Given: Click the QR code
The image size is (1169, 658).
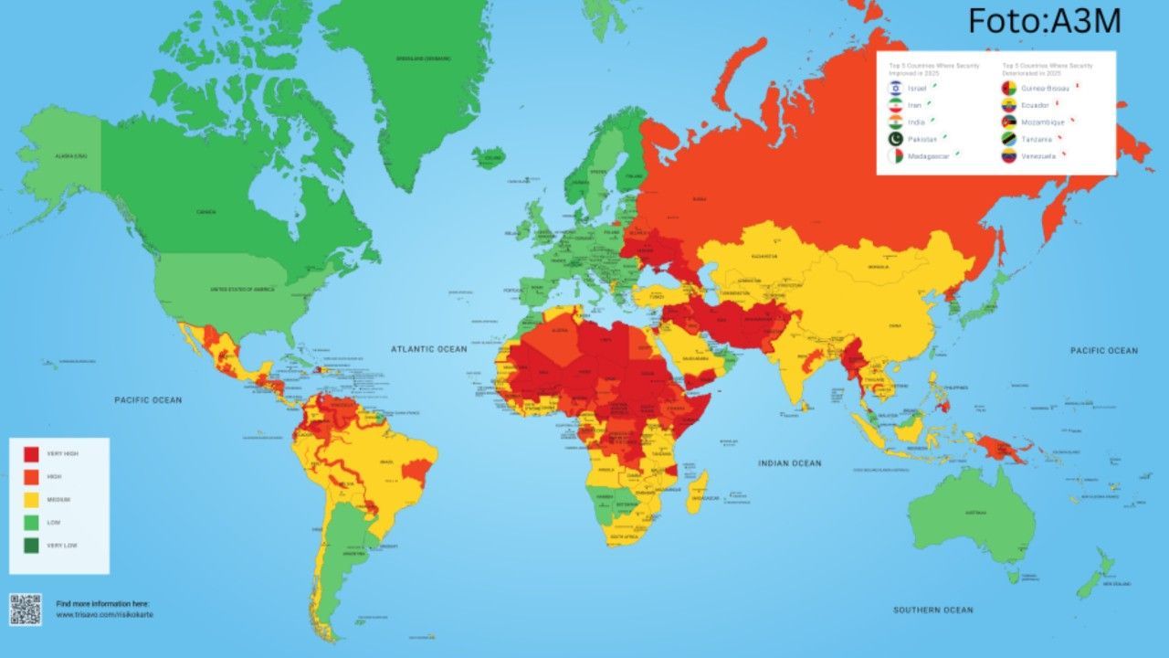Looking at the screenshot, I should click(x=26, y=610).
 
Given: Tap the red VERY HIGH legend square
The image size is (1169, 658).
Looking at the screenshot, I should click(x=31, y=453).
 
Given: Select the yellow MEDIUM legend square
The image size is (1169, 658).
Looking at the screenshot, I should click(x=31, y=499).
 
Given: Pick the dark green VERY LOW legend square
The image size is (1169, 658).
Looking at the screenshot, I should click(x=31, y=545).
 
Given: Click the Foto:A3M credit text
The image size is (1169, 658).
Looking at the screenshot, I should click(x=1044, y=21).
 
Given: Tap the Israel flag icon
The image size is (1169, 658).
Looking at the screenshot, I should click(x=897, y=88).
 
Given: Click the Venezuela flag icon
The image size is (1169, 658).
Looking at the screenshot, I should click(x=1009, y=155).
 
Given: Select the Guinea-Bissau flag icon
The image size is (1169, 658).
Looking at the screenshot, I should click(x=1009, y=88).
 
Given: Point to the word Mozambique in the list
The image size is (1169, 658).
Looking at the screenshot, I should click(x=1043, y=122).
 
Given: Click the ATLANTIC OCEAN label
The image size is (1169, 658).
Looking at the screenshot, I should click(x=428, y=349).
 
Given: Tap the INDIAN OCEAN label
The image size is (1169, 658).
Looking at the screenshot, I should click(x=789, y=463).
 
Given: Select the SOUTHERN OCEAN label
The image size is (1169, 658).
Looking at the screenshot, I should click(x=932, y=610).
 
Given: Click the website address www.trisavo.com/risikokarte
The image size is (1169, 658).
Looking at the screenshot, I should click(x=104, y=615).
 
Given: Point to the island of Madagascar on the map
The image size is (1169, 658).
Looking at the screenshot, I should click(x=696, y=491).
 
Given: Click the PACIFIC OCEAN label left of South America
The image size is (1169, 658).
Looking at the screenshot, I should click(x=148, y=400).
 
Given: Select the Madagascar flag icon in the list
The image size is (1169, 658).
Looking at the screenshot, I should click(x=897, y=156).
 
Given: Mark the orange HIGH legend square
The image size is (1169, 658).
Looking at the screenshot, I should click(x=31, y=476).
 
